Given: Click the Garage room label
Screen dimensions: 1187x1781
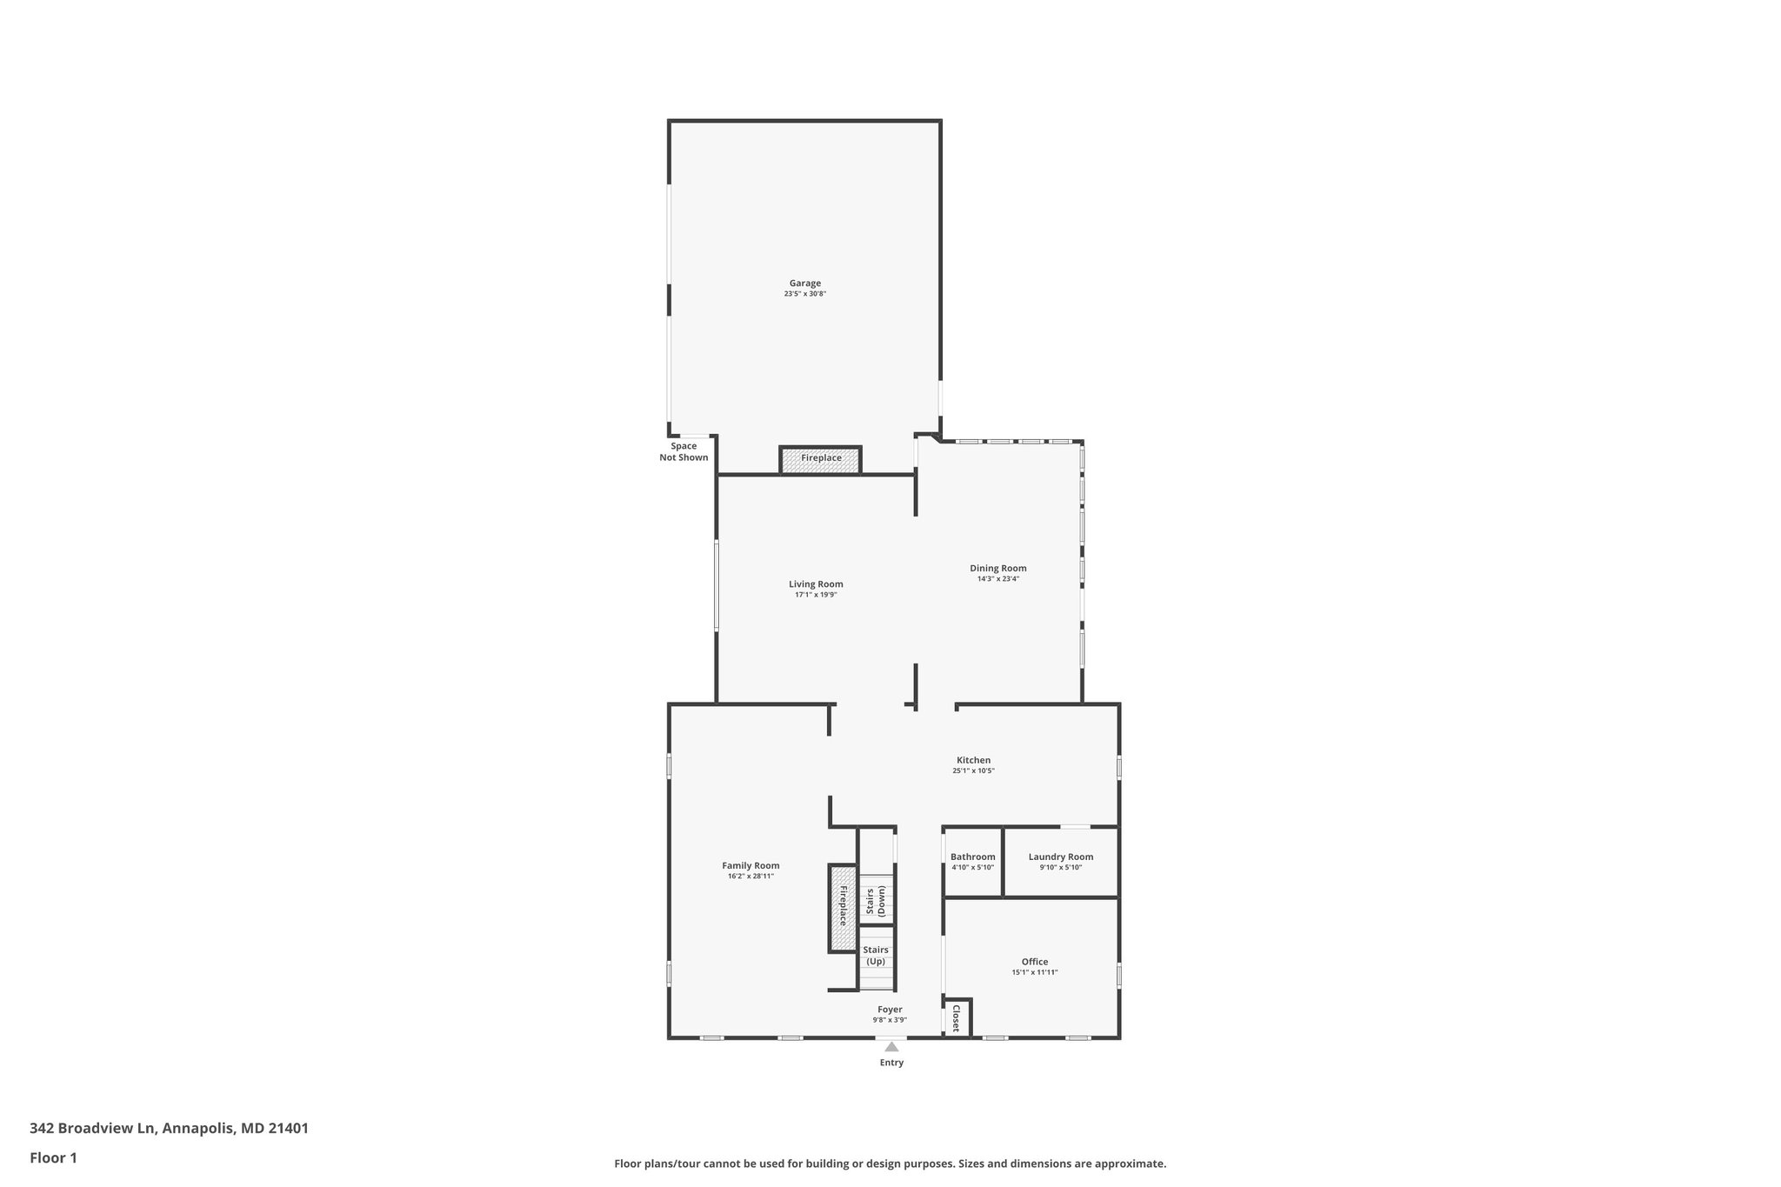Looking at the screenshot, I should pos(804,283).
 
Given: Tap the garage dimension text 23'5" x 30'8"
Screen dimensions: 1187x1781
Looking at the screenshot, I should pos(804,294).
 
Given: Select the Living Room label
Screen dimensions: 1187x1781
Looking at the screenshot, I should pos(816,584).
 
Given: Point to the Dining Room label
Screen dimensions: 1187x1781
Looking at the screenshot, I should pos(998,569).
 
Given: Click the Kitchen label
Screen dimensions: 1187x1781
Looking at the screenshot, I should pos(973,760).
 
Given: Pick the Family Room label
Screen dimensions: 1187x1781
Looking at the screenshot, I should pos(750,865).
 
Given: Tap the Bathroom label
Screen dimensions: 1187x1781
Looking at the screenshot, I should pos(972,857).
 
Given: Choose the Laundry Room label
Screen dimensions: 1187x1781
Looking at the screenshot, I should pos(1060,857).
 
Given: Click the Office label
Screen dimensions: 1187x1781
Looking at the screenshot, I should pos(1034,962).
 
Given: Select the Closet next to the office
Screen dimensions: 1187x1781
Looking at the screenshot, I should pos(956,1018).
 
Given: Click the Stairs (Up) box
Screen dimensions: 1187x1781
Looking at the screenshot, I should pos(876,957).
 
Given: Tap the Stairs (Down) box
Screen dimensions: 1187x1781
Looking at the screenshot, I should pos(876,901).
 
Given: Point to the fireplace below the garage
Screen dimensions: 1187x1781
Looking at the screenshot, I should pos(821,458).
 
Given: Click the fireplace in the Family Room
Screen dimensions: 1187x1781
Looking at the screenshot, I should pos(842,908).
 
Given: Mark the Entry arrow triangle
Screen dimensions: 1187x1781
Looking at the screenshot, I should pos(891,1047).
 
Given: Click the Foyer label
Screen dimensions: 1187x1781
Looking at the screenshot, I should pos(890,1010).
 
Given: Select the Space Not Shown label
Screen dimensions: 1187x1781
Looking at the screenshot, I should pos(684,451).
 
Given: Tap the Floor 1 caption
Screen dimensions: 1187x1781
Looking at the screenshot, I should pos(53,1157).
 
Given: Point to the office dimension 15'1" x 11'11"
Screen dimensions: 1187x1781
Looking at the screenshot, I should pos(1034,972).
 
